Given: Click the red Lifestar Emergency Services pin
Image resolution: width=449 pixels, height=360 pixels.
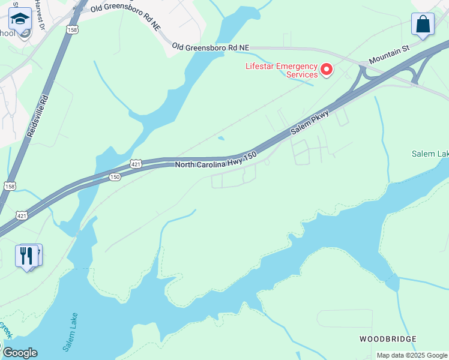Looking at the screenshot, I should tap(327, 70).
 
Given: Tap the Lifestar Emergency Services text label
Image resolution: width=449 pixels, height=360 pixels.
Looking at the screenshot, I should tap(282, 70).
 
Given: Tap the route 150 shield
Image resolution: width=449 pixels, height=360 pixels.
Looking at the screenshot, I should tap(115, 177).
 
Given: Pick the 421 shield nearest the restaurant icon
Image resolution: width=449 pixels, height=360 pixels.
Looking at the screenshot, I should tap(22, 215).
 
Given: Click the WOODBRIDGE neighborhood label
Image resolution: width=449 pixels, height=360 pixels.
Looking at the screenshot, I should tap(388, 339).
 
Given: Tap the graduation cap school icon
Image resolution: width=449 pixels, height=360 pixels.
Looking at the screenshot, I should tap(20, 20).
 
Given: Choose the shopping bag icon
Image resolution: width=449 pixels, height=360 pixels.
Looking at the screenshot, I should tap(423, 25).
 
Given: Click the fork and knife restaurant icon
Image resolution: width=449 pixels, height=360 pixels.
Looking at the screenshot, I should tap(26, 256).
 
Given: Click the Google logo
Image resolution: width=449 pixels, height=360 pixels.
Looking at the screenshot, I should tap(20, 353).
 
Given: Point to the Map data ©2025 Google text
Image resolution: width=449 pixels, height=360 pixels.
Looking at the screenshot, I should tap(411, 355).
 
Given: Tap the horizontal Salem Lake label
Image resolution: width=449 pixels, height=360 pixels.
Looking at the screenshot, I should tap(430, 154).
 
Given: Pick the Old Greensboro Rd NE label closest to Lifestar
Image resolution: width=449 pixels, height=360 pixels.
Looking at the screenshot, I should tap(210, 46).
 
